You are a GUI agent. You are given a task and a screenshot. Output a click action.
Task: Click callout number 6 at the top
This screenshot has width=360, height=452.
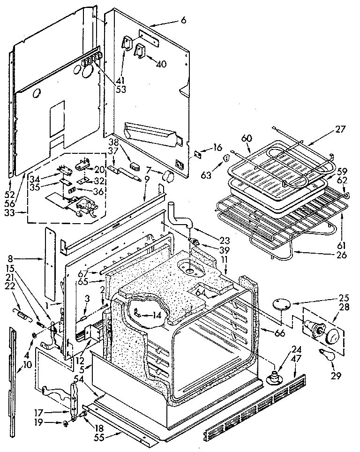183,20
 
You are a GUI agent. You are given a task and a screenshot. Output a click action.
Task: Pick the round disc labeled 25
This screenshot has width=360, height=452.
282,303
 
